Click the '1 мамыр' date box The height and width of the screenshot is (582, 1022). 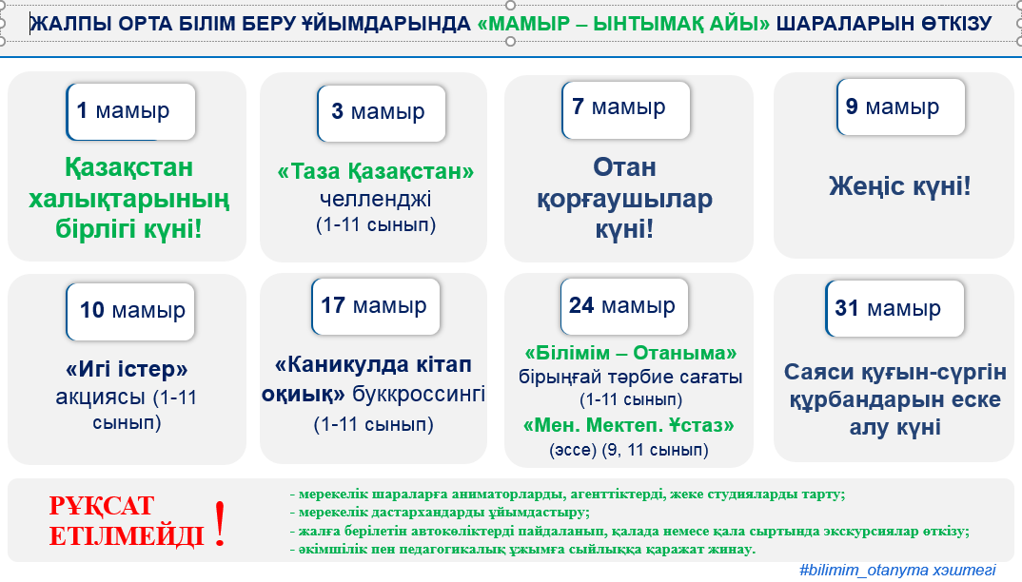pos(131,111)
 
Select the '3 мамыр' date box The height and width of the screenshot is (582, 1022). pos(382,113)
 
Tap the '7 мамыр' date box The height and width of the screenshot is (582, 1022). pos(626,109)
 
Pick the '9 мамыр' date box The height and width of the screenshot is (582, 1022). pos(901,107)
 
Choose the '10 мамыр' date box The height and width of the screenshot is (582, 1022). pos(130,312)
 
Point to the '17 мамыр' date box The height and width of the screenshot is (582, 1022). pos(376,306)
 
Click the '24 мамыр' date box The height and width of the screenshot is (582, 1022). pos(624,306)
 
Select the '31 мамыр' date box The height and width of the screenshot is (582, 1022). pos(894,308)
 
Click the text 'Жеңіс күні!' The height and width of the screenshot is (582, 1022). pos(900,186)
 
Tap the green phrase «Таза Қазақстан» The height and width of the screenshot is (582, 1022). pos(376,171)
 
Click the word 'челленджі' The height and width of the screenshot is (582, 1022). pos(376,199)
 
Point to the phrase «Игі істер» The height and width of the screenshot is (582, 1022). pos(127,370)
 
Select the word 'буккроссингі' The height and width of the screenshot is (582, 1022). pos(419,395)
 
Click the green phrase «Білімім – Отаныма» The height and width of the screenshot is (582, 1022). pos(630,353)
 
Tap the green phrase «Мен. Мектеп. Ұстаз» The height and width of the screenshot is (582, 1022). pos(628,426)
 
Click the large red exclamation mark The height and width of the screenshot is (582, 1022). pos(221,523)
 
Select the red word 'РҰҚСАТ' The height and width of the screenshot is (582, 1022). pos(101,506)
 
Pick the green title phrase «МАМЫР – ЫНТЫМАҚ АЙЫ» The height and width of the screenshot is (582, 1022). pos(623,24)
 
